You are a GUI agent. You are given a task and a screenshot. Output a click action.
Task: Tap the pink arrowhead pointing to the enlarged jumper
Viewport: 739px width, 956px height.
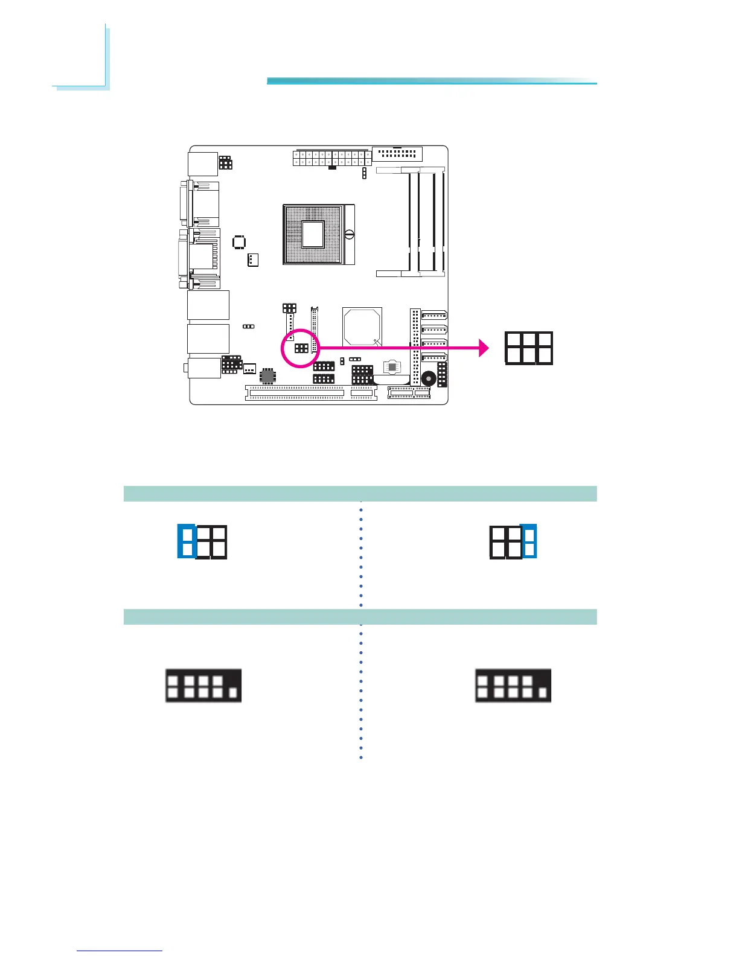[x=484, y=348]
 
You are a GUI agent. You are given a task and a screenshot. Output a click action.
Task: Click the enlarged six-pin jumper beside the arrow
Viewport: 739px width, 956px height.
[x=529, y=348]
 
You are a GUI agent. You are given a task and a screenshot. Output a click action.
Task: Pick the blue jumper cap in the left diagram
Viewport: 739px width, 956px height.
[x=187, y=541]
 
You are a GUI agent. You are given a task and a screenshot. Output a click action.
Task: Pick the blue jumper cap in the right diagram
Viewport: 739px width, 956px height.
[x=529, y=541]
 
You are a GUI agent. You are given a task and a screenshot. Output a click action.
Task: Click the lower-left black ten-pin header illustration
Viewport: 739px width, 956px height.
[x=203, y=686]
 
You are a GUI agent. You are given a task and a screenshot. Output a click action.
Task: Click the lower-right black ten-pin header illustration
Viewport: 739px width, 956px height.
[x=513, y=686]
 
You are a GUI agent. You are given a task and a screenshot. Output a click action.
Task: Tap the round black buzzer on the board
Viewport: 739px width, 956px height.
[x=429, y=378]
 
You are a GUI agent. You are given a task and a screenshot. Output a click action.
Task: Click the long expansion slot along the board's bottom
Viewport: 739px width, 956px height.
[x=295, y=393]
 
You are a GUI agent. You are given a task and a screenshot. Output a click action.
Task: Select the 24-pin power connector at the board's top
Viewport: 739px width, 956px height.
[x=331, y=158]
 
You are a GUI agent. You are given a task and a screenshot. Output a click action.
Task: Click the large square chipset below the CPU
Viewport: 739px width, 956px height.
[x=362, y=328]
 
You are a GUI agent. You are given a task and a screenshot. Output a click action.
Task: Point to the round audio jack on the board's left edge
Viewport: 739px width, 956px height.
[x=185, y=367]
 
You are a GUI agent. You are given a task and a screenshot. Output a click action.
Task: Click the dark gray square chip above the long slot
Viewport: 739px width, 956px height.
[x=267, y=375]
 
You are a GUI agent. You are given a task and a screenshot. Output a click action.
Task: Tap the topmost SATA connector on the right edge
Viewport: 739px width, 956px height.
[x=434, y=314]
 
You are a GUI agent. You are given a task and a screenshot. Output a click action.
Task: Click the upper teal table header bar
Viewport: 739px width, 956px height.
[x=360, y=494]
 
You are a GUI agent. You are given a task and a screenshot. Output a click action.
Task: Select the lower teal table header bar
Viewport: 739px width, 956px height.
[x=360, y=617]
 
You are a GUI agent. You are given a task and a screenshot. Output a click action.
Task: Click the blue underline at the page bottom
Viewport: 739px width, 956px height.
[x=120, y=951]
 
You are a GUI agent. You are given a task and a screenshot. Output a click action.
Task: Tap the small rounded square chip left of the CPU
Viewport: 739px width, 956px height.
[x=239, y=242]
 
